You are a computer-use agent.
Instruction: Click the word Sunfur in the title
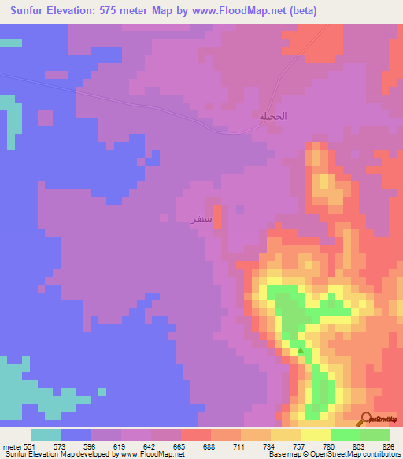click(x=31, y=10)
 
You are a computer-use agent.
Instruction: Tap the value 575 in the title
click(x=128, y=10)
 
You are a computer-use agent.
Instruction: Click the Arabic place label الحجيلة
click(x=273, y=117)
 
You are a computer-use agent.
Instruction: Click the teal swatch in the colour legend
click(x=46, y=435)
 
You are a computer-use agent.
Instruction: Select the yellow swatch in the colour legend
click(x=315, y=435)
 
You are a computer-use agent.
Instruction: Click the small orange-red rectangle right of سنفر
click(x=217, y=216)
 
